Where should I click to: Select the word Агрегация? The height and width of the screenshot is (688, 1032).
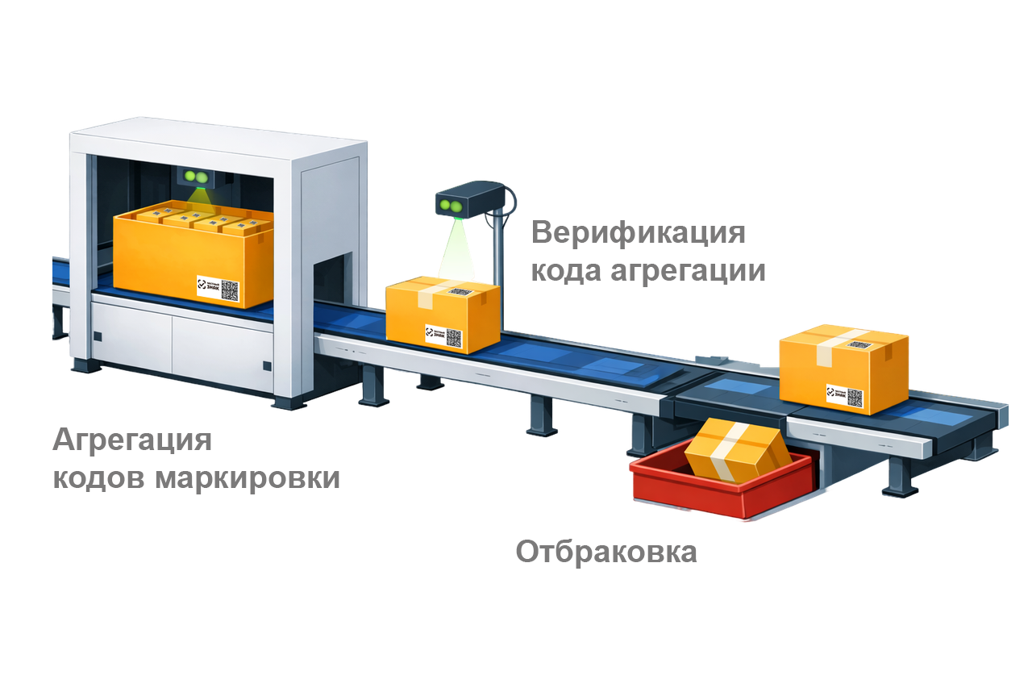click(132, 441)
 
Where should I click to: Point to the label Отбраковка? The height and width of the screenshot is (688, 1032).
click(605, 553)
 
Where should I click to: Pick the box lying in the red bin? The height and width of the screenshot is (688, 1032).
click(735, 452)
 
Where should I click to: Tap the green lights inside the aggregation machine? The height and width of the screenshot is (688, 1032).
click(193, 175)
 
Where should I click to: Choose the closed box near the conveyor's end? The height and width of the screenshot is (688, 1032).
click(843, 367)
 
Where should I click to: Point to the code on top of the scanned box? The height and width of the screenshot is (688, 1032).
click(461, 291)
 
